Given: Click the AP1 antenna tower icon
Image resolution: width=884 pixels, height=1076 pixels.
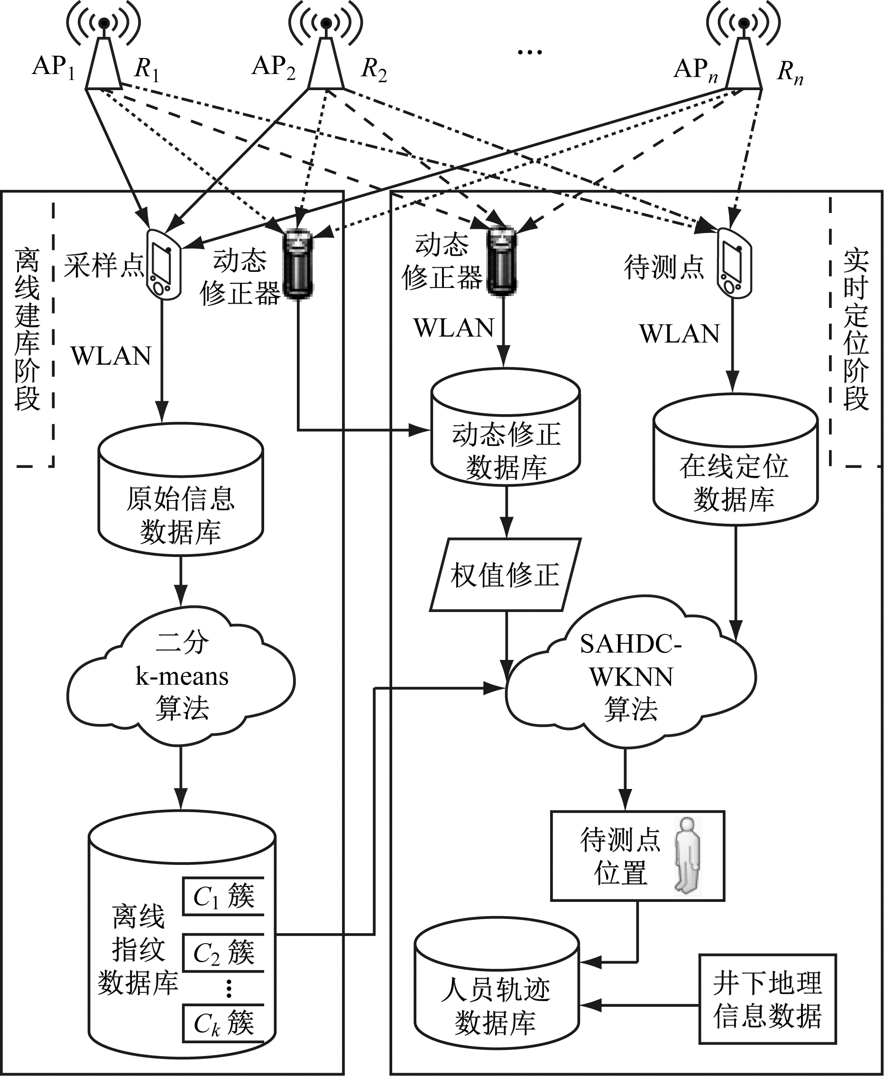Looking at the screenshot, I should coord(103,58).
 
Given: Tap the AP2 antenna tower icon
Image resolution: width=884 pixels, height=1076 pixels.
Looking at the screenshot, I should coord(326,58).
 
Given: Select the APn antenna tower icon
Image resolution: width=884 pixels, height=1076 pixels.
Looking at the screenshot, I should coord(744,58).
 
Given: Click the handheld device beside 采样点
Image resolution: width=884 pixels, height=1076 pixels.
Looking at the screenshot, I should coord(164,264).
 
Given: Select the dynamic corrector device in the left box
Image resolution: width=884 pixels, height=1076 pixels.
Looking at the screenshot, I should coord(298,264).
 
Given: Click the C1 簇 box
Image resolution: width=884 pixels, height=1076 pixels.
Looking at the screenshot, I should coord(223,896).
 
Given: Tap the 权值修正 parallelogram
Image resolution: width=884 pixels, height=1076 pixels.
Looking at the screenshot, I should coord(505,575).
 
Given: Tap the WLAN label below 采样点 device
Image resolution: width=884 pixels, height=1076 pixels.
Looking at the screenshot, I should coord(111,356).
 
